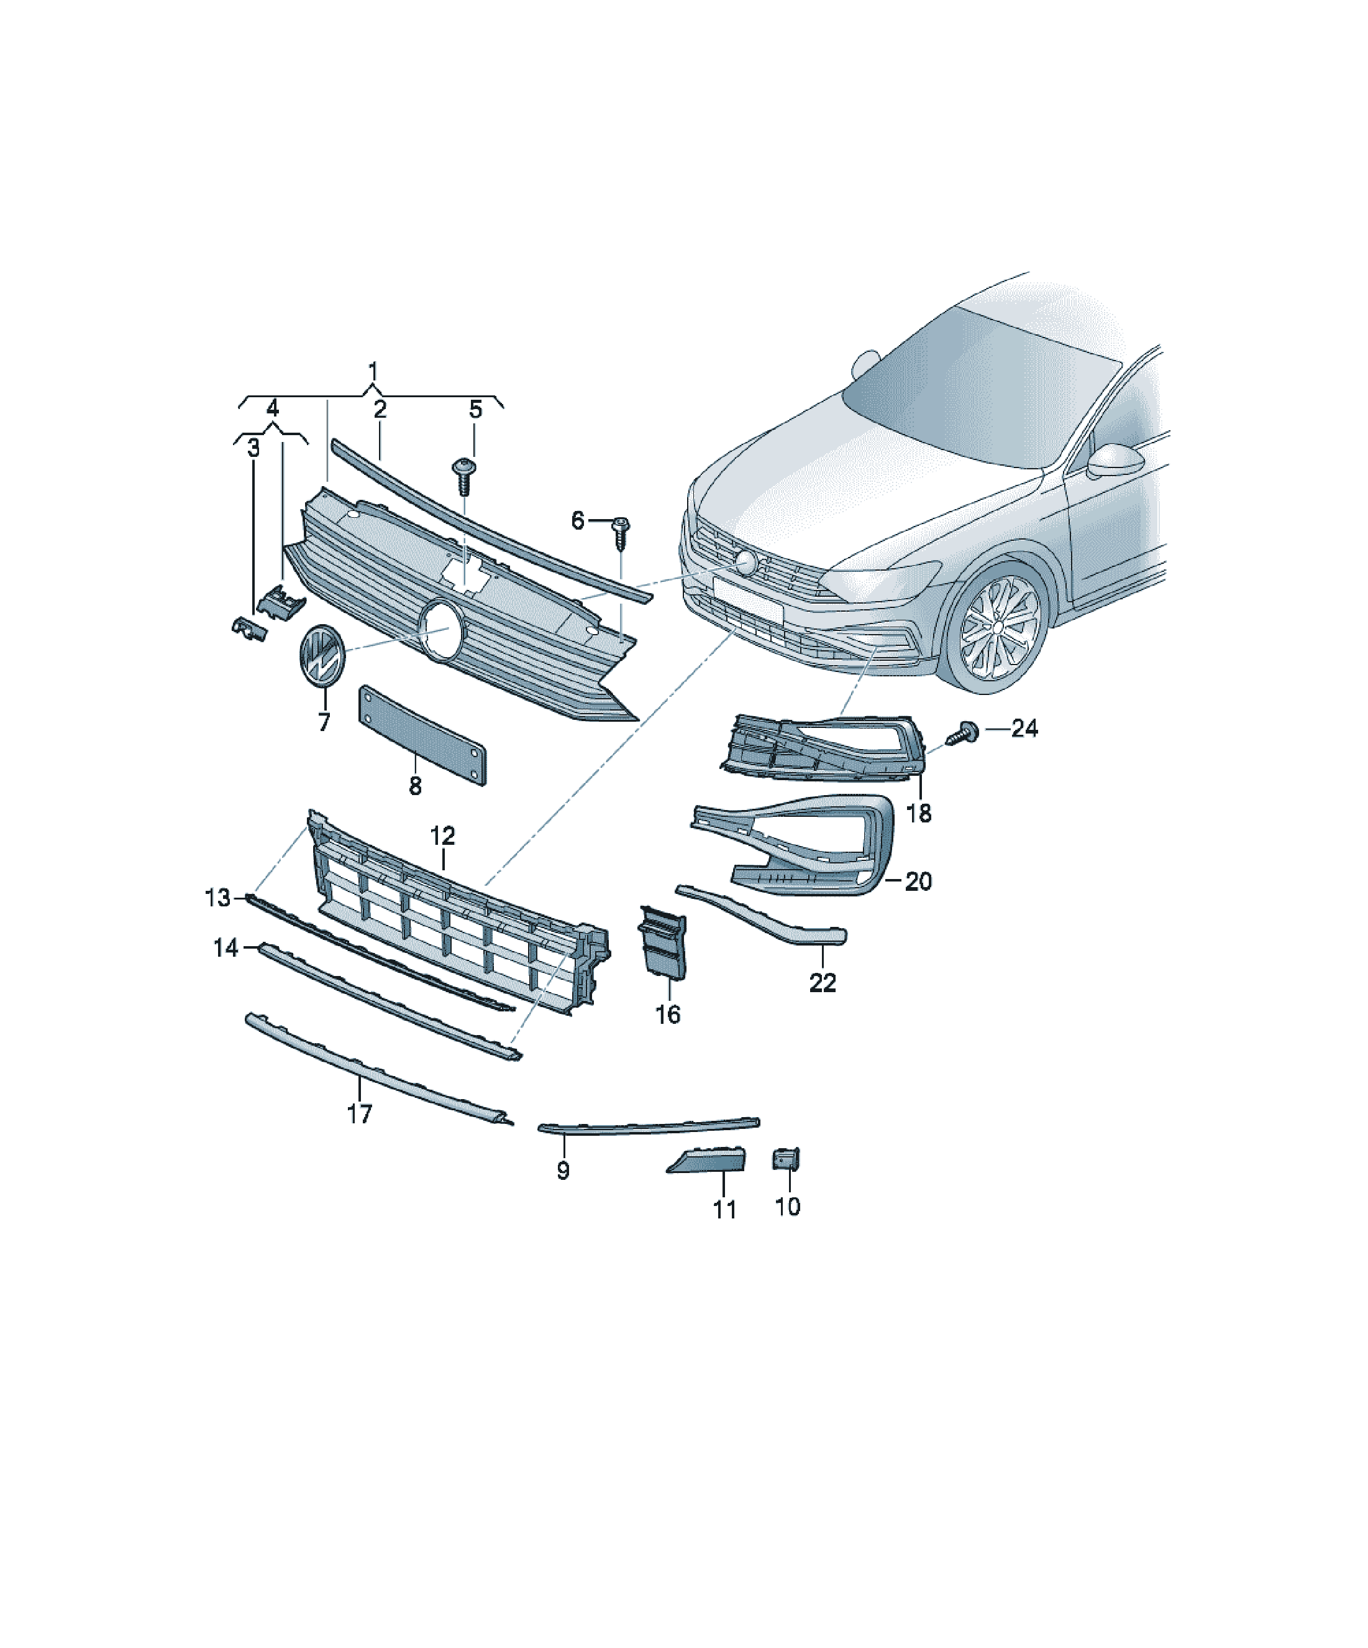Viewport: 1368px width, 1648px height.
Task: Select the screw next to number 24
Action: [963, 733]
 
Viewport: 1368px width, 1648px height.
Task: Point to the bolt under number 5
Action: [463, 476]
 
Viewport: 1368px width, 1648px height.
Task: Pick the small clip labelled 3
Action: [249, 628]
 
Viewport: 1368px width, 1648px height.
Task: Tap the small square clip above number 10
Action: [786, 1158]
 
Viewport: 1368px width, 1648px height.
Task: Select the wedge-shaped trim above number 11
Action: [706, 1159]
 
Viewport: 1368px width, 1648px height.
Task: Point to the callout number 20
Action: [919, 882]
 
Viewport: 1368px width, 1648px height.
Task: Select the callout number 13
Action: [217, 897]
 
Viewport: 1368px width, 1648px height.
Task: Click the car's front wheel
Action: [998, 627]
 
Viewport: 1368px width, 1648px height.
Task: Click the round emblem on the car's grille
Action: [744, 561]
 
